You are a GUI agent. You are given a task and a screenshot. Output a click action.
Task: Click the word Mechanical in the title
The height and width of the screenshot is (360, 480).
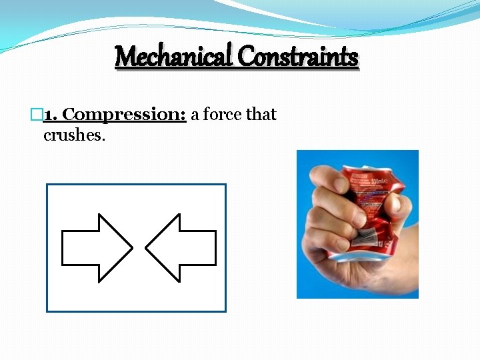[174, 57]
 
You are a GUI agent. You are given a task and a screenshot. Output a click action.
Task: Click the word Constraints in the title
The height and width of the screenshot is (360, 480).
[298, 57]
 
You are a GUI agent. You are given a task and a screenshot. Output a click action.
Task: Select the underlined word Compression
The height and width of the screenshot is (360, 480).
[124, 115]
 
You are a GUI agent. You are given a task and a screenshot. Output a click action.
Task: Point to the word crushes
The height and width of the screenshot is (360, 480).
[75, 135]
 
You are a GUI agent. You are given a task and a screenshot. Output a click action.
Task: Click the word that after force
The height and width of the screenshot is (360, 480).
[261, 115]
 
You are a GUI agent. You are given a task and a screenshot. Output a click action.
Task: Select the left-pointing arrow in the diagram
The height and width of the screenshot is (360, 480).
[181, 248]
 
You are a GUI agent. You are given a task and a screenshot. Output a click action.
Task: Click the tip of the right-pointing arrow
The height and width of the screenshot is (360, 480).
[131, 248]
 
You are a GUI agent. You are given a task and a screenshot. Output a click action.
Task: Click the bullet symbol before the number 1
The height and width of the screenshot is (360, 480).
[37, 115]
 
